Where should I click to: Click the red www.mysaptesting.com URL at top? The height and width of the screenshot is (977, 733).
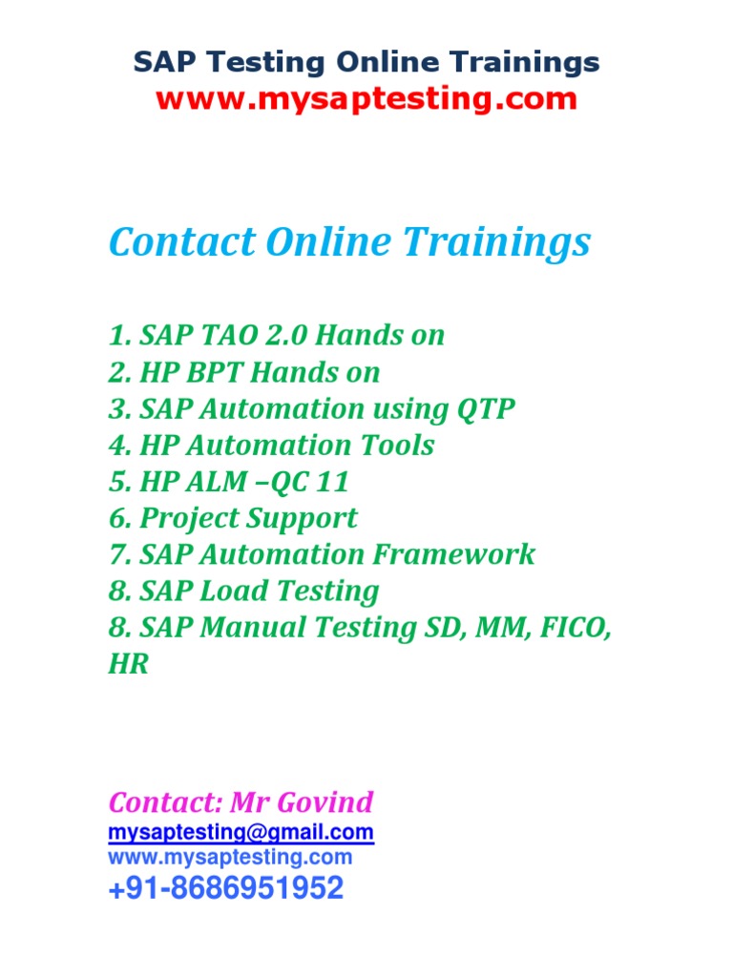click(366, 98)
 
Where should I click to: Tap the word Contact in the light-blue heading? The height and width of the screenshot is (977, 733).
click(181, 243)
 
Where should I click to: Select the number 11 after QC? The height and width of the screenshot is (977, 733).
click(325, 482)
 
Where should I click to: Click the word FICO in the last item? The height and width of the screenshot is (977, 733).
click(572, 628)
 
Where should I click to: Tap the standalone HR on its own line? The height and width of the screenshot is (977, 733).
click(129, 664)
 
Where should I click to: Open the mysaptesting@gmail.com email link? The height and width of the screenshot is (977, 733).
click(241, 833)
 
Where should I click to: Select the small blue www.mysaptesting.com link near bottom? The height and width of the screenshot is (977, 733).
click(230, 857)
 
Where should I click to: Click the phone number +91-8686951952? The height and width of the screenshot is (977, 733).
click(225, 889)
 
